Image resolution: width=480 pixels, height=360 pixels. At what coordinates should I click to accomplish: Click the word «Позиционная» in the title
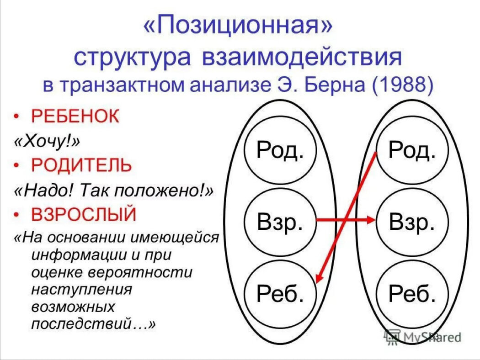pyautogui.click(x=238, y=26)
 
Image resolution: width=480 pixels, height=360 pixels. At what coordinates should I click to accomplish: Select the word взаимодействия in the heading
pyautogui.click(x=302, y=57)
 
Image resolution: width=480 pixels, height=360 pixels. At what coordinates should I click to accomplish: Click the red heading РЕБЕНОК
pyautogui.click(x=75, y=116)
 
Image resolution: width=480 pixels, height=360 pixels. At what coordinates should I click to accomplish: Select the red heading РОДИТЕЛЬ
pyautogui.click(x=81, y=165)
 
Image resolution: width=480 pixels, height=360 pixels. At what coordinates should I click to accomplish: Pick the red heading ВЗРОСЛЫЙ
pyautogui.click(x=84, y=214)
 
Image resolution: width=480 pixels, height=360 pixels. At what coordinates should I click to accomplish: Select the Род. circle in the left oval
pyautogui.click(x=280, y=150)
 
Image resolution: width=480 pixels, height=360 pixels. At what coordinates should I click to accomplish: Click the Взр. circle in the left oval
pyautogui.click(x=280, y=222)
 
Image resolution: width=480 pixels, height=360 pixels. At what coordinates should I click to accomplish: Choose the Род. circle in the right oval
pyautogui.click(x=412, y=150)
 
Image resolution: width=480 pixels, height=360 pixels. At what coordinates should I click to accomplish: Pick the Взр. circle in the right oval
pyautogui.click(x=412, y=222)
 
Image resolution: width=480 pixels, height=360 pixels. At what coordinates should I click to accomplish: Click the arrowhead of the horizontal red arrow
pyautogui.click(x=371, y=220)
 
